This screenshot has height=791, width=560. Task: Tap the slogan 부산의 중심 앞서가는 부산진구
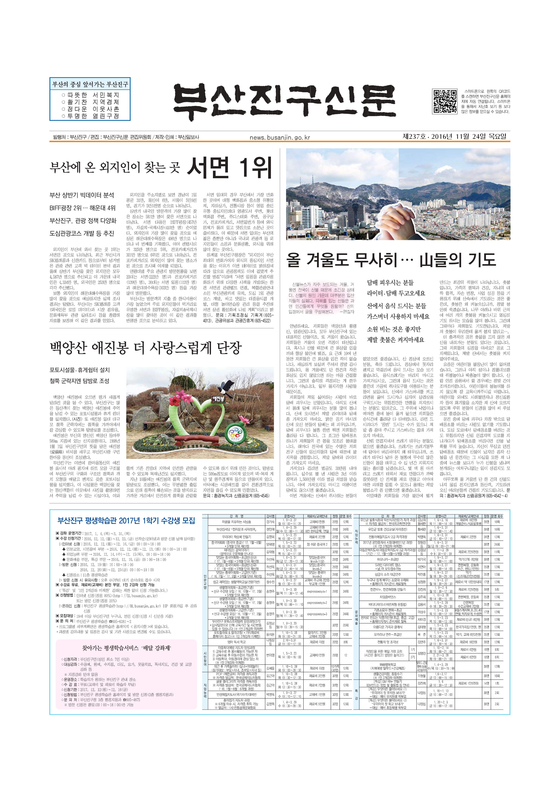[90, 84]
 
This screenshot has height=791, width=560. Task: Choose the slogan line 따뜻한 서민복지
[90, 95]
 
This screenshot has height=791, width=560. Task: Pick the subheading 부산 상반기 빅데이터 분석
[82, 195]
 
